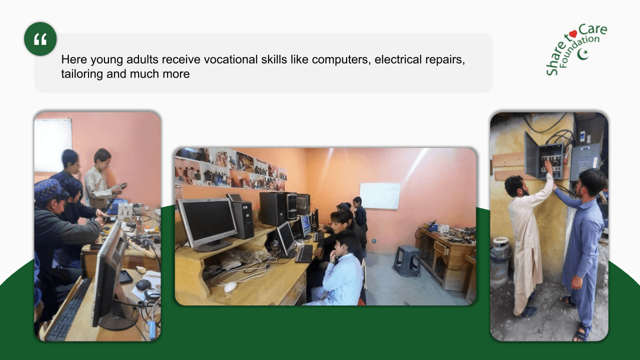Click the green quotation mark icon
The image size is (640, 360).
[40, 38]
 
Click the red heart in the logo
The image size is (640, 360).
[573, 34]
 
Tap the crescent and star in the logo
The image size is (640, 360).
[583, 53]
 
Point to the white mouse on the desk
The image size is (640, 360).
[230, 286]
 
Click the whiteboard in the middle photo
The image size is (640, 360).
[380, 195]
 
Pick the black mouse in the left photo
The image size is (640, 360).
[143, 284]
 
